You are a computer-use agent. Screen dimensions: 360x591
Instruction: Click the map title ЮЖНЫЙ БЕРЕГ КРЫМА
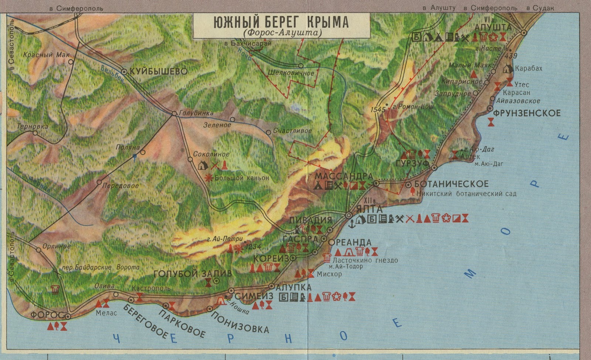tap(281, 22)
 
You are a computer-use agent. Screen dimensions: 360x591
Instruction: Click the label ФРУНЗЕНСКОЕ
tap(527, 113)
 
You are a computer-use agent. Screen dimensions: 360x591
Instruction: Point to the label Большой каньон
tap(242, 178)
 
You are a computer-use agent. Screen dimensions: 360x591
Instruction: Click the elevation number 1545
tap(378, 110)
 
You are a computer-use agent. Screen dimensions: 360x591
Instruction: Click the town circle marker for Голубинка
tap(174, 113)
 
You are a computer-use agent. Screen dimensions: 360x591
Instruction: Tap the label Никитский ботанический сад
tap(466, 193)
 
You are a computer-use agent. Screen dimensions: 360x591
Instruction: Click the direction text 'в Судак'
tap(540, 8)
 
